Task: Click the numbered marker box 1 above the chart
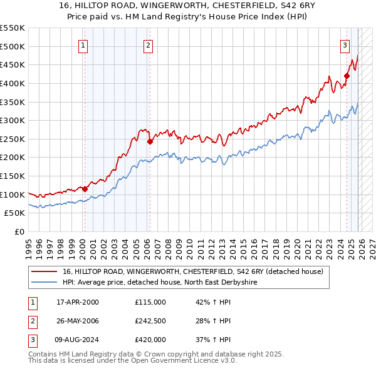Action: click(x=83, y=44)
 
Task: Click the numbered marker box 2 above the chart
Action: click(x=148, y=44)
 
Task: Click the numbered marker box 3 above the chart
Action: click(x=345, y=44)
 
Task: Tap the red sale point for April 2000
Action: click(x=85, y=188)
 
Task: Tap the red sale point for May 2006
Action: click(x=150, y=141)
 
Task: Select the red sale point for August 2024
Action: click(x=347, y=76)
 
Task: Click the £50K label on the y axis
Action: click(x=15, y=213)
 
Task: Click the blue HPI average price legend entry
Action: click(x=160, y=283)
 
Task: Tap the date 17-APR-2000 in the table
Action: click(x=78, y=301)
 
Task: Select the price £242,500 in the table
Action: click(x=150, y=321)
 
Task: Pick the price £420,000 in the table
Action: click(x=150, y=340)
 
